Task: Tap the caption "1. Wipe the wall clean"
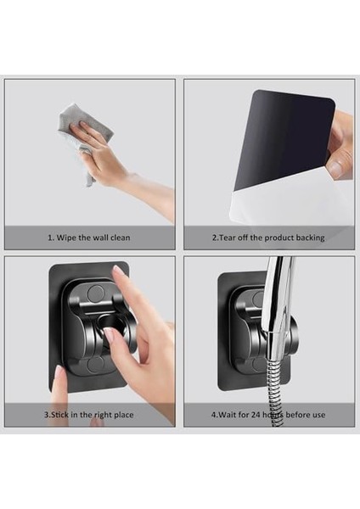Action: [x=89, y=238]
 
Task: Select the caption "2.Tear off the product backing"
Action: [x=268, y=238]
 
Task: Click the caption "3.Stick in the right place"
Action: [x=89, y=415]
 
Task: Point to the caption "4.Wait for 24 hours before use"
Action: [x=268, y=415]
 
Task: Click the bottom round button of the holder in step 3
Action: [x=95, y=365]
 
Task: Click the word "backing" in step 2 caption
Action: [x=310, y=238]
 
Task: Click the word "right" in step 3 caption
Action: [x=103, y=415]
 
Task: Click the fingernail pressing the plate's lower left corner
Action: [x=59, y=372]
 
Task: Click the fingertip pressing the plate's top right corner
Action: [x=118, y=271]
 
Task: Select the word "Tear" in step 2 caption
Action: [x=227, y=238]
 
